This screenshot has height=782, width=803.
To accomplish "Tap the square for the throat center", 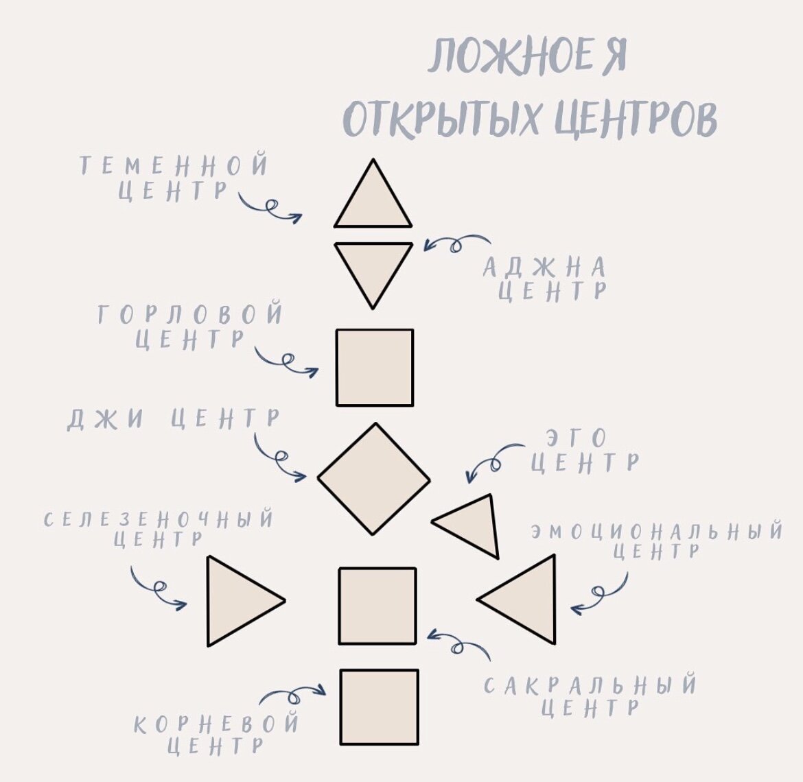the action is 375,368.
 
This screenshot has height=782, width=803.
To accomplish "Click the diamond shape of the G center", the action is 374,479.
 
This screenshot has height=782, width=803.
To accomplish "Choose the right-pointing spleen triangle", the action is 237,601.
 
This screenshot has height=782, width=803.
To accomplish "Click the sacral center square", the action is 377,606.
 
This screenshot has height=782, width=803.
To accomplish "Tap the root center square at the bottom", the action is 379,707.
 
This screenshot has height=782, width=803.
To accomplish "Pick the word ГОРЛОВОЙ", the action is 189,314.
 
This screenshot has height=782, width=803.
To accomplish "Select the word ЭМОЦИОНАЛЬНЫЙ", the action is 657,532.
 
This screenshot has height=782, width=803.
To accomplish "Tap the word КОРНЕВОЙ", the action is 216,724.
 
